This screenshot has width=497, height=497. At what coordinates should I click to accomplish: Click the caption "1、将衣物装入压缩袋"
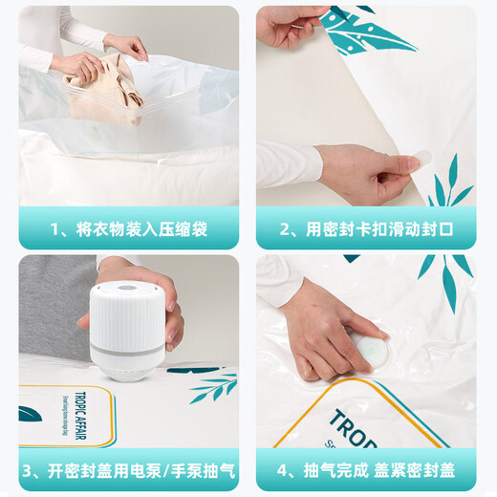[129, 229]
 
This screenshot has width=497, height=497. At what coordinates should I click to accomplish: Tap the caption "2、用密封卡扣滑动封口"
[367, 229]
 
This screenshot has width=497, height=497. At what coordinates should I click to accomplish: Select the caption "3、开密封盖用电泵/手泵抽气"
[129, 470]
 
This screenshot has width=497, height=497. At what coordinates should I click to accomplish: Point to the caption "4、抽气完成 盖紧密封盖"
[367, 470]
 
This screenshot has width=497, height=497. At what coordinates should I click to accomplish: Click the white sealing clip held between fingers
[421, 162]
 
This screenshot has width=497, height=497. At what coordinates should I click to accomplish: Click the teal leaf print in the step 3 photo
[212, 387]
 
